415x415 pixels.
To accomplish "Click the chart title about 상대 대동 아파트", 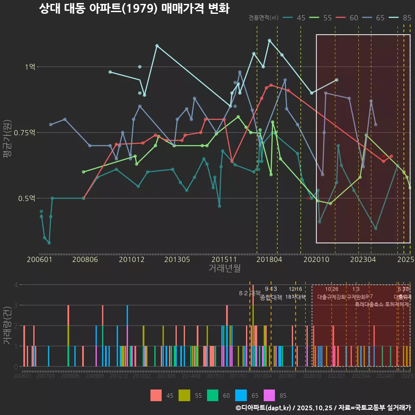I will [x=134, y=9].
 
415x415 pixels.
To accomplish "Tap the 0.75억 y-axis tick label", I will [x=26, y=132].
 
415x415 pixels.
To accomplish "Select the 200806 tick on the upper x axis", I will [x=85, y=259].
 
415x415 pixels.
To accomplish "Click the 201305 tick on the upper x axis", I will [x=177, y=259].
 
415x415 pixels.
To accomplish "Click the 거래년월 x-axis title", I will [x=224, y=268].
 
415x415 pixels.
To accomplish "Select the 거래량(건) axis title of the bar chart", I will [x=7, y=325].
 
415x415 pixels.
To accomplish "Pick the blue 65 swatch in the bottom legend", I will [x=241, y=395].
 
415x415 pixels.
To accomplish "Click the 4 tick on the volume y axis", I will [x=16, y=285].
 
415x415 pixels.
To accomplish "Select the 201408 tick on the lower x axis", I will [x=191, y=377].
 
